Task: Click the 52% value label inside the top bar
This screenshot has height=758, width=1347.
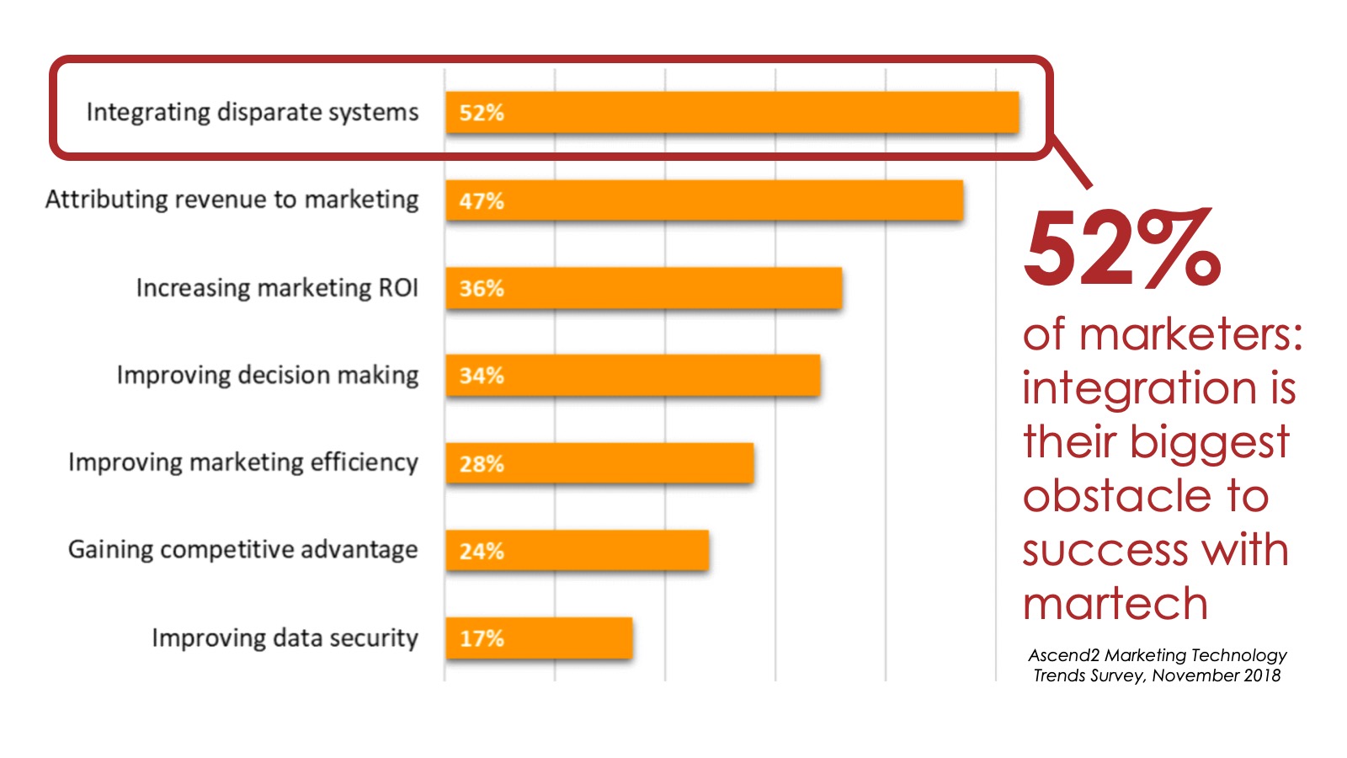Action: coord(482,113)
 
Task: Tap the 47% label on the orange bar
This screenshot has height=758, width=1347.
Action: coord(482,201)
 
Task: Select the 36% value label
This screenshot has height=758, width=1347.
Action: coord(482,289)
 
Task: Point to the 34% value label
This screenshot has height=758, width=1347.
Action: coord(482,376)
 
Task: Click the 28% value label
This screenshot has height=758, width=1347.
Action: coord(482,464)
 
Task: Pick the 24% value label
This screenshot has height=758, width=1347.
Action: coord(482,551)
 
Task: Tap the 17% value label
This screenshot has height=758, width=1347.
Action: coord(482,638)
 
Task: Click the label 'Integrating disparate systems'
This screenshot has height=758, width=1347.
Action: coord(253,113)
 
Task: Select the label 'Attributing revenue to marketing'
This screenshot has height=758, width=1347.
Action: coord(232,200)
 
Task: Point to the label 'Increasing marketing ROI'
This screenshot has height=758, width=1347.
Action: coord(277,287)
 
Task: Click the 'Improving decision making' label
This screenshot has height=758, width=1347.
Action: coord(268,376)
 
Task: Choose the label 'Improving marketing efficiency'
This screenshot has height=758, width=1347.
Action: coord(243,462)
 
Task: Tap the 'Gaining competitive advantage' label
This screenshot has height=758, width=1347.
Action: coord(243,550)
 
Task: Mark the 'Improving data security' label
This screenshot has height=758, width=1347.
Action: coord(285,638)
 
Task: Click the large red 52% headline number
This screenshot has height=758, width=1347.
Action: coord(1122,248)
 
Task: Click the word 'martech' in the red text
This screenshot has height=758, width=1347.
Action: coord(1115,603)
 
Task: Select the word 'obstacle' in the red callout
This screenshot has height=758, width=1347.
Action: coord(1117,495)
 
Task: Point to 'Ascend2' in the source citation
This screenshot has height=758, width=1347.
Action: coord(1064,655)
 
